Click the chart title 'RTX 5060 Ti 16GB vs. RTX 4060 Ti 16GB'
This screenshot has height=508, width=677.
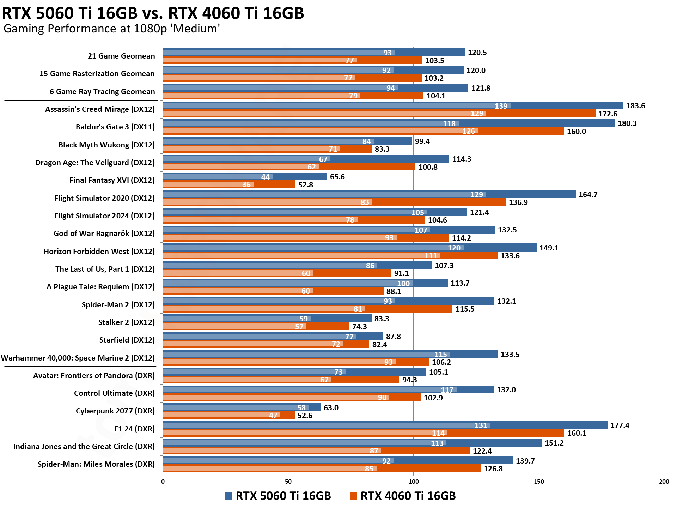[x=153, y=13]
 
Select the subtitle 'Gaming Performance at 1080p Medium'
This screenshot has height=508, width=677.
[x=112, y=29]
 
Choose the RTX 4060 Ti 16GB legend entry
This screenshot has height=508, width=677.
[x=403, y=496]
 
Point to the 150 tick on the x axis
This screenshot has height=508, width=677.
[x=538, y=482]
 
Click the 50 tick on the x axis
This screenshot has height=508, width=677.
[x=288, y=482]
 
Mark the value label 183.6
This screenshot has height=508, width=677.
[x=635, y=106]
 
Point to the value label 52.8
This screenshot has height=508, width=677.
[x=305, y=185]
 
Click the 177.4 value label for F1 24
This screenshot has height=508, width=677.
[x=620, y=425]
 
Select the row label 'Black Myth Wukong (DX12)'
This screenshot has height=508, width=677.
[x=106, y=145]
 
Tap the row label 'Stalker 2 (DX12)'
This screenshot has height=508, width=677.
[x=126, y=322]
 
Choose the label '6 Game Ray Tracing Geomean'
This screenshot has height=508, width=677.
[x=102, y=92]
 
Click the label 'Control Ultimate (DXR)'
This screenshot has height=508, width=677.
[x=114, y=393]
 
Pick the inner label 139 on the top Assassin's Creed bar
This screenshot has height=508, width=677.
[x=501, y=106]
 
